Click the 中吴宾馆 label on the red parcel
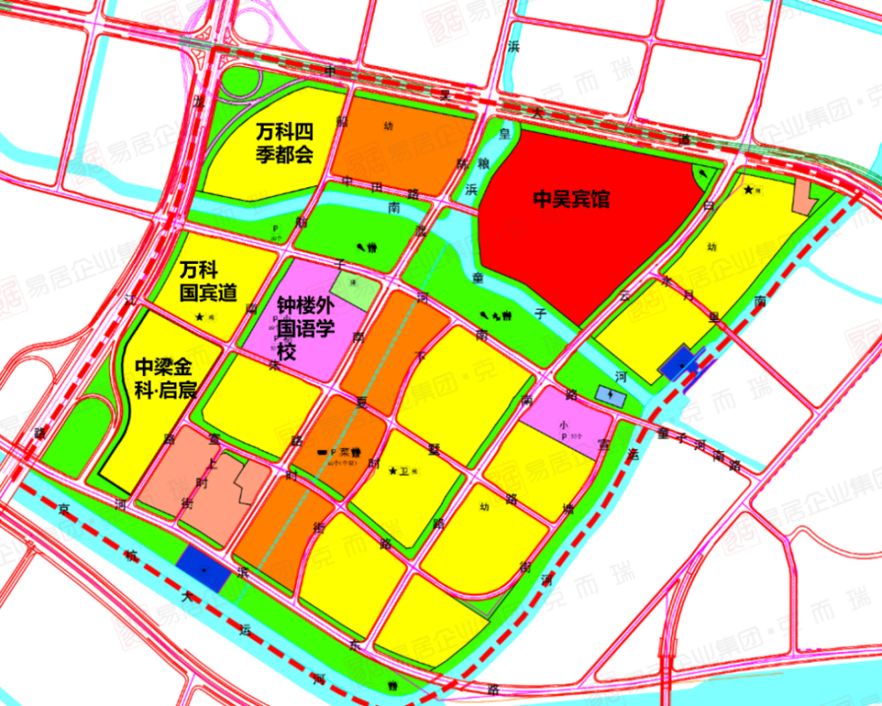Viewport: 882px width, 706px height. (x=571, y=200)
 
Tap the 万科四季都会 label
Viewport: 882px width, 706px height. (x=284, y=144)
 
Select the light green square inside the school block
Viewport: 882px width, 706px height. (x=355, y=289)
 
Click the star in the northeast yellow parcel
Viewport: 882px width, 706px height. (x=750, y=189)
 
